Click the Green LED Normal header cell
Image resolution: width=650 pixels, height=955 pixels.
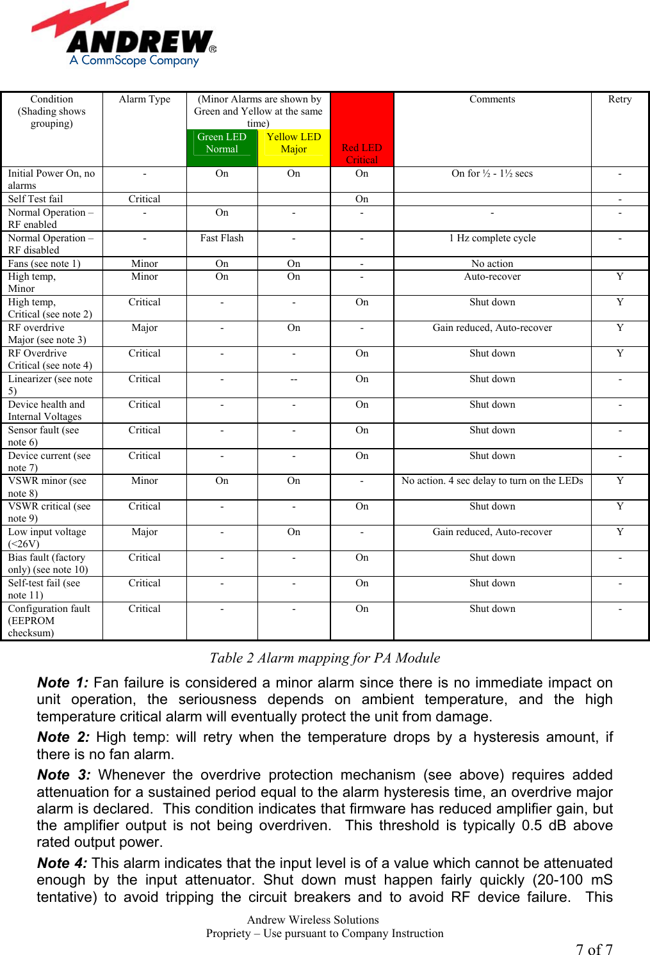click(x=222, y=143)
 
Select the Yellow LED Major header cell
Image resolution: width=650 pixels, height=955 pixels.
click(x=293, y=143)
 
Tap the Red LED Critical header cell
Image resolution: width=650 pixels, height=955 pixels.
click(x=362, y=154)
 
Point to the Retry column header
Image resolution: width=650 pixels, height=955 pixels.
click(x=619, y=99)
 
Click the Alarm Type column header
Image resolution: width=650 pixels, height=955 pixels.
click(x=145, y=99)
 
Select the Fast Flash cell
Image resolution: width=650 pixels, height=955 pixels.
click(x=222, y=238)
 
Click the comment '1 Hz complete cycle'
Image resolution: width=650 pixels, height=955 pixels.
click(x=492, y=238)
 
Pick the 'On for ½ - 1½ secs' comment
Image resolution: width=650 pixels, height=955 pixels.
click(x=492, y=173)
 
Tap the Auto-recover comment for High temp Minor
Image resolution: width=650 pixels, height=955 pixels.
click(x=492, y=277)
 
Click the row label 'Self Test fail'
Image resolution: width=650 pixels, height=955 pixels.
click(x=36, y=199)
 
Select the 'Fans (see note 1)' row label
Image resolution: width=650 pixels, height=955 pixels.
click(x=44, y=264)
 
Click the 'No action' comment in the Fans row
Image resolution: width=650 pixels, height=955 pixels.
click(x=492, y=264)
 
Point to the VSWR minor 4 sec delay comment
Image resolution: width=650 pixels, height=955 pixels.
click(x=492, y=481)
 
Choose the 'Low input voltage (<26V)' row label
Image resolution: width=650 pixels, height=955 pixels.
click(x=47, y=538)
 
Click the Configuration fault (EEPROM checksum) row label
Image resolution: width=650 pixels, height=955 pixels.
click(x=49, y=620)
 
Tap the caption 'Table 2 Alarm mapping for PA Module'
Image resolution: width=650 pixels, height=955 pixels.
click(x=325, y=658)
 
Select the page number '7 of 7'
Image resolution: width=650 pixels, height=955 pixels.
click(x=594, y=949)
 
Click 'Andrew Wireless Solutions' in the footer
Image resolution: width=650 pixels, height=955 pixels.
click(x=313, y=920)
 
